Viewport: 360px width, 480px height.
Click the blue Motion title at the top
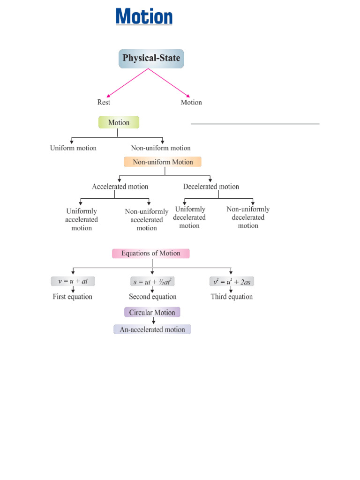coord(144,17)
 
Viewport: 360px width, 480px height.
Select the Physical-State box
coord(151,59)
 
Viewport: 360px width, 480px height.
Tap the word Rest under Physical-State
coord(104,102)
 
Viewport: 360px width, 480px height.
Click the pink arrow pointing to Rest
coord(127,83)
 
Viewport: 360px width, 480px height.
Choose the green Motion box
coord(119,123)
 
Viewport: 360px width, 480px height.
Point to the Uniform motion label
coord(73,148)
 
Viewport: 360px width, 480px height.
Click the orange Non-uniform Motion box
coord(163,162)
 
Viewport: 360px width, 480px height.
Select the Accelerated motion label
coord(120,187)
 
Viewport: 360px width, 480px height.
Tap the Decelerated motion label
coord(211,187)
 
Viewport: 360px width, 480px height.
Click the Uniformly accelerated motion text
coord(82,219)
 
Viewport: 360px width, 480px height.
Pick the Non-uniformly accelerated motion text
coord(147,219)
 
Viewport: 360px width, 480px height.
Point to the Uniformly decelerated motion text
coord(189,217)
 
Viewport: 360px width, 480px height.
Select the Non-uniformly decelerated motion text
coord(248,217)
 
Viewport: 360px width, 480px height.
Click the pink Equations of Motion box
coord(150,253)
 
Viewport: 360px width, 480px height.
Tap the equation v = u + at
coord(74,282)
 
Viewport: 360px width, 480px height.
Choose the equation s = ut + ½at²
coord(153,282)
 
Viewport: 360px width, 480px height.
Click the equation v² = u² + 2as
coord(232,282)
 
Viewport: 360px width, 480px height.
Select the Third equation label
coord(232,297)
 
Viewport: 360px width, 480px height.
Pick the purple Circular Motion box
coord(152,313)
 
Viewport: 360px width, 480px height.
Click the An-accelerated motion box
coord(152,330)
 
